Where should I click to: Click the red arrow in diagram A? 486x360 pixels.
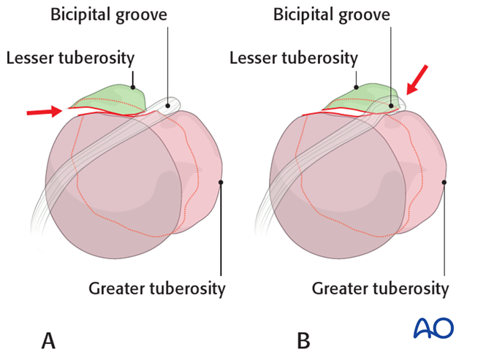coord(45,112)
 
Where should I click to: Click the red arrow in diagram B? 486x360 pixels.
coord(418,80)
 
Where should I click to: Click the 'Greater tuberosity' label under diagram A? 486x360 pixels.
coord(156,288)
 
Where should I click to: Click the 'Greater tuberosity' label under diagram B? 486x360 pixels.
coord(380,288)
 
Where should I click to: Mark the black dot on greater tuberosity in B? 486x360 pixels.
coord(444,183)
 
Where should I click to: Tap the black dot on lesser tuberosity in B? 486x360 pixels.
coord(356,87)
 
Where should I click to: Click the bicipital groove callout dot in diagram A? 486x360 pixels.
coord(167,105)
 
